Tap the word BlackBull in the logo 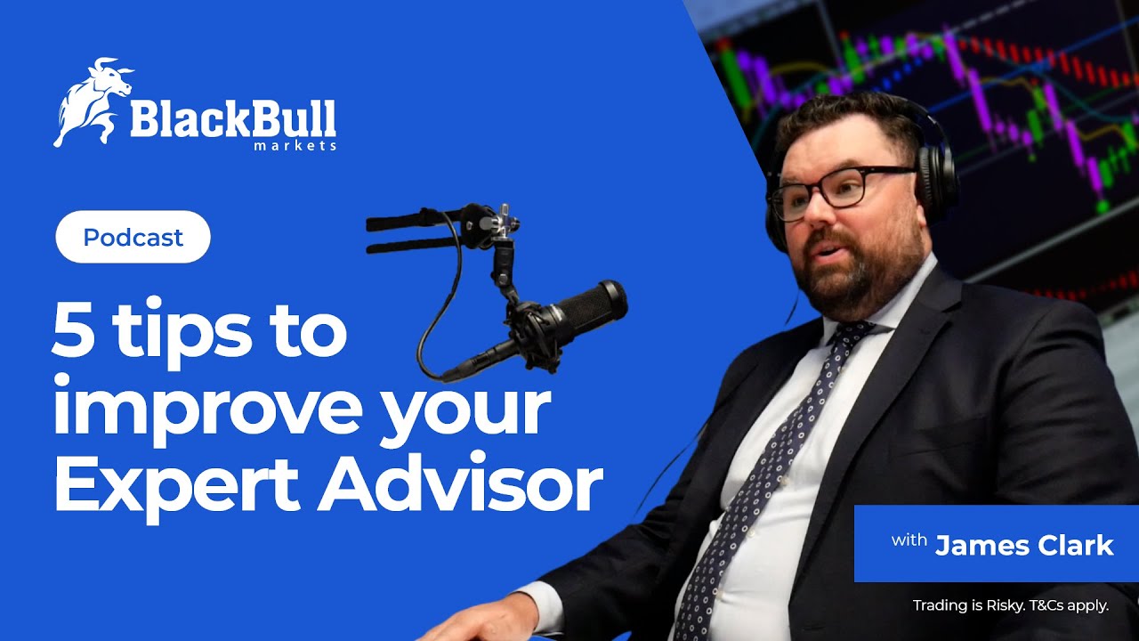click(x=233, y=118)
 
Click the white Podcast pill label click(x=133, y=237)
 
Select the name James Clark click(x=1023, y=545)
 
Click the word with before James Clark click(x=909, y=541)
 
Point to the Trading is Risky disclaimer click(x=1010, y=606)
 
